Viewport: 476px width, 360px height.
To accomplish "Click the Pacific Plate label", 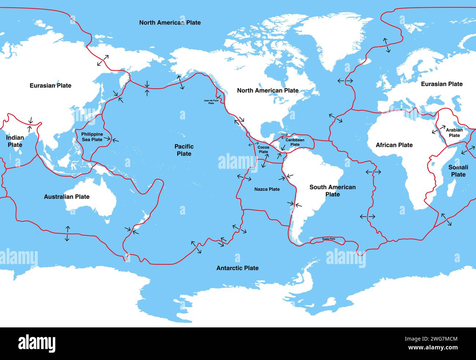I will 184,150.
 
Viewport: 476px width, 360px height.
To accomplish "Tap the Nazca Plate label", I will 267,189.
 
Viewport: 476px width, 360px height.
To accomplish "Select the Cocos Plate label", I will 263,150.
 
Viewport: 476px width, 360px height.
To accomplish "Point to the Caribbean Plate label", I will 295,142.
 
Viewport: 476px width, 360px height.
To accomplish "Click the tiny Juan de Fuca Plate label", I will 211,101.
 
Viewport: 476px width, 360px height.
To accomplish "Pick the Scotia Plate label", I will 328,239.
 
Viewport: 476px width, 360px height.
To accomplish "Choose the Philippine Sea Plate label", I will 92,137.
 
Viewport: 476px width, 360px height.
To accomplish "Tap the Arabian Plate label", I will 454,133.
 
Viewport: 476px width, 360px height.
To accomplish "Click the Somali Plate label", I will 458,171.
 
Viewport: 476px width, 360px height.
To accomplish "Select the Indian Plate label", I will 15,141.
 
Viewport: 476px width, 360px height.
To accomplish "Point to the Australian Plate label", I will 67,197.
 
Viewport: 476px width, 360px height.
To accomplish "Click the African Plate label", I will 394,145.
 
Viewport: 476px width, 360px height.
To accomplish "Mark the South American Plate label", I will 332,191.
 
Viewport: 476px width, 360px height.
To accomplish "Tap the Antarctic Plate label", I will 237,268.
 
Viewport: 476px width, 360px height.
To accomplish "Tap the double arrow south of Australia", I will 67,234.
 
